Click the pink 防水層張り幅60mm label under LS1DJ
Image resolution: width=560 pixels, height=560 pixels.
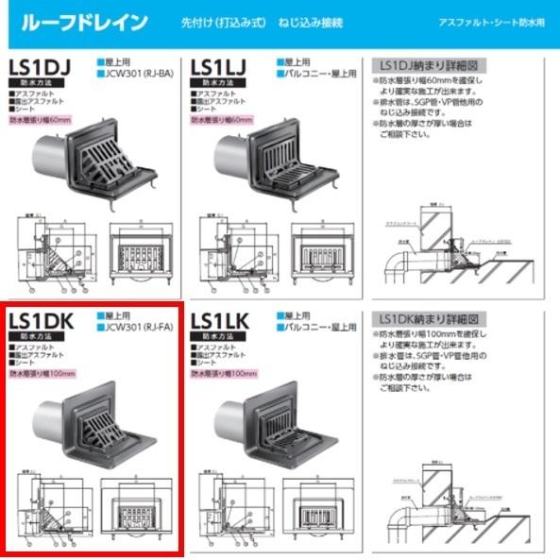[x=41, y=120]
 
